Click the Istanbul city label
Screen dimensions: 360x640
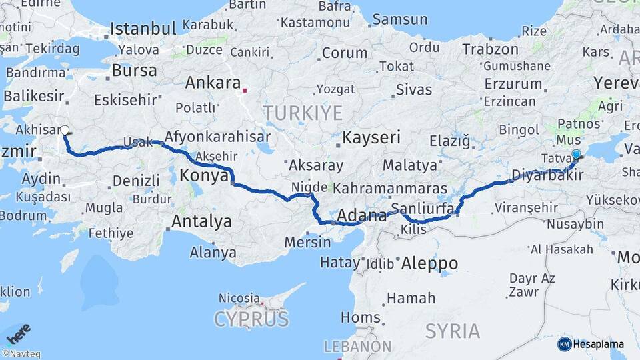click(143, 29)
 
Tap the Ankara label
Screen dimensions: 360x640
click(213, 83)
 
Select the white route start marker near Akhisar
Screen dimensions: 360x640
click(65, 131)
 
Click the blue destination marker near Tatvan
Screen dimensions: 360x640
click(576, 154)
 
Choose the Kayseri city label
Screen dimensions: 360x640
click(371, 138)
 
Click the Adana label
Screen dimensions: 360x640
click(362, 216)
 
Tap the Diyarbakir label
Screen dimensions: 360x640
click(547, 175)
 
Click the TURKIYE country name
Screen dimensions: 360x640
click(303, 113)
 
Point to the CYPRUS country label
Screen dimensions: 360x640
click(251, 319)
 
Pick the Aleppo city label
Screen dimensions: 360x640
click(429, 263)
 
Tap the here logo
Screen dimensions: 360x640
click(18, 333)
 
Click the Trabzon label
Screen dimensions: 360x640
click(490, 49)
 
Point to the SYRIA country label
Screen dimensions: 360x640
click(453, 330)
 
